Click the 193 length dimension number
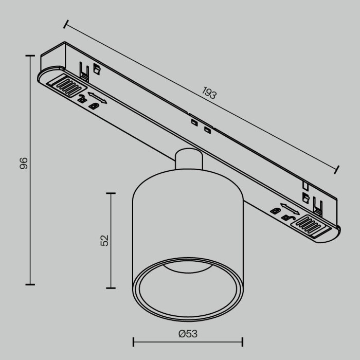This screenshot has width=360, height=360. (x=209, y=93)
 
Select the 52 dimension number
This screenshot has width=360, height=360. (x=104, y=240)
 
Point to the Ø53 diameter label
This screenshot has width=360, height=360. (x=188, y=334)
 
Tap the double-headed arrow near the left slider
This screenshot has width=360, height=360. (x=97, y=98)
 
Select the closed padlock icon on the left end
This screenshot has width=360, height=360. (x=94, y=105)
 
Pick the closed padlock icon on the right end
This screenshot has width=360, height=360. (x=275, y=210)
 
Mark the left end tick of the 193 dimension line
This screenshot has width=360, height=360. (x=66, y=24)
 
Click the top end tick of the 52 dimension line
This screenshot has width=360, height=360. (x=111, y=193)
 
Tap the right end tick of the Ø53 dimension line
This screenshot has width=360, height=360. (x=242, y=342)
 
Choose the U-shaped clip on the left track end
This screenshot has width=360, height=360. (x=84, y=69)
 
